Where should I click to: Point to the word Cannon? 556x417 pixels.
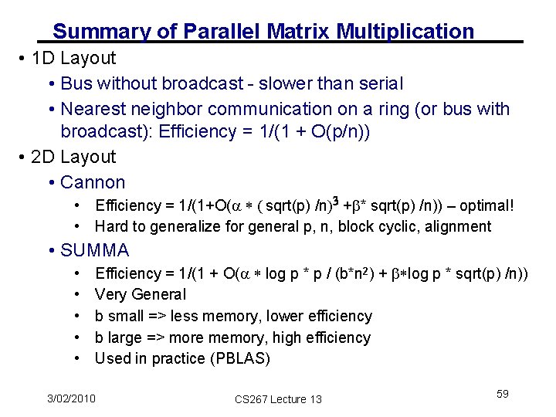click(93, 183)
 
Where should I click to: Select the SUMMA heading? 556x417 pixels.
click(95, 250)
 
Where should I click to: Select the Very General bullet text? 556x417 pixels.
click(141, 294)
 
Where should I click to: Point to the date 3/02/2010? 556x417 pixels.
click(70, 398)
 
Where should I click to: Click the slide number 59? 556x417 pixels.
click(503, 394)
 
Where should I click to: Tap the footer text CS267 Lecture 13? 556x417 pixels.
click(278, 398)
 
